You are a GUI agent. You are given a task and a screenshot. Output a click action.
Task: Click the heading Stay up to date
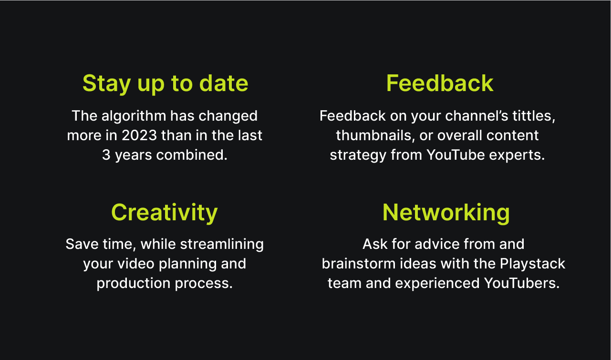pos(166,84)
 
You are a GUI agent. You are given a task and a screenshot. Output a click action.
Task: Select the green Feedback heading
pos(440,83)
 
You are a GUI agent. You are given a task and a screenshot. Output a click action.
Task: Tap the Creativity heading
pos(165,213)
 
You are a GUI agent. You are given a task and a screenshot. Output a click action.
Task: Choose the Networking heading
pos(446,213)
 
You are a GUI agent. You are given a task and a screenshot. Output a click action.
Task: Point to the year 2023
pos(139,135)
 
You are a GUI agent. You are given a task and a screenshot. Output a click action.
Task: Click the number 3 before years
pos(106,154)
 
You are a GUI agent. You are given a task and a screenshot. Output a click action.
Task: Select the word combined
pos(192,154)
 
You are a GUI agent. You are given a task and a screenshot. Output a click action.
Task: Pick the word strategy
pos(358,155)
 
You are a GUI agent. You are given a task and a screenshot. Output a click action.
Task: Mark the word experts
pos(517,155)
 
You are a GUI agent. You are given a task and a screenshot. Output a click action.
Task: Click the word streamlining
pos(222,244)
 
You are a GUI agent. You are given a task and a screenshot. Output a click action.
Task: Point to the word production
pos(134,284)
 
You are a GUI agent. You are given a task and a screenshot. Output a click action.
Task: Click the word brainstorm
pos(359,264)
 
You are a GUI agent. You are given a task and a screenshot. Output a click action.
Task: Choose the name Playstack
pos(532,264)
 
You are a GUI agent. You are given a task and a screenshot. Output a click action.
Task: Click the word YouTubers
pos(521,283)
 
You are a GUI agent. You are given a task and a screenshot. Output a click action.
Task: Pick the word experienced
pos(437,284)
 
